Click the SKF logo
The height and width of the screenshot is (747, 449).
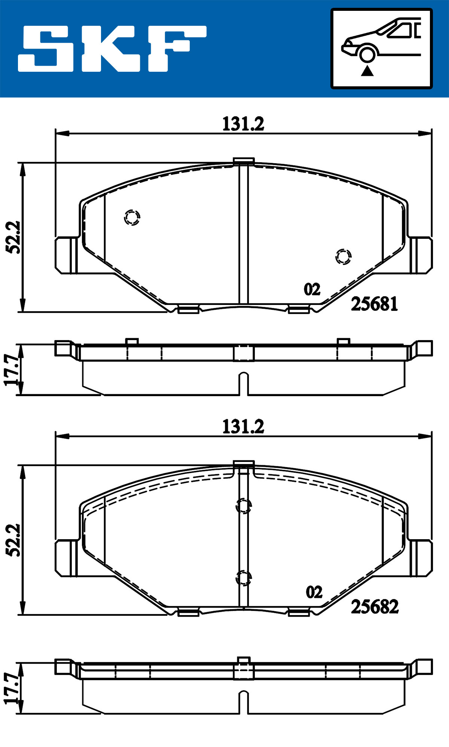pos(112,49)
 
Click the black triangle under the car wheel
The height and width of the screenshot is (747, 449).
pos(367,70)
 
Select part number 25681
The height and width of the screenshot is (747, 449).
pos(374,304)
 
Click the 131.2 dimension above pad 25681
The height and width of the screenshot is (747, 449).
pos(243,124)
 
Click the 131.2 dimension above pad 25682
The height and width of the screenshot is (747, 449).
pos(243,426)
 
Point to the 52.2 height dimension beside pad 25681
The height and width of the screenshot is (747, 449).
pos(14,237)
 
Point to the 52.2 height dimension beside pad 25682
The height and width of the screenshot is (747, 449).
pos(14,540)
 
